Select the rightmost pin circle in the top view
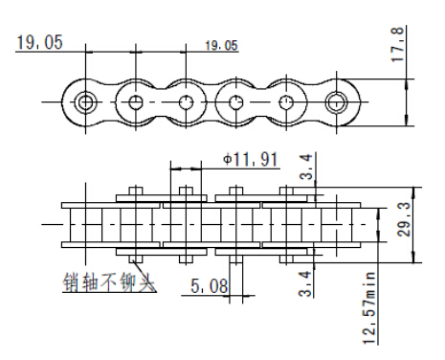point(336,101)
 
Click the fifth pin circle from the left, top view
point(286,101)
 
